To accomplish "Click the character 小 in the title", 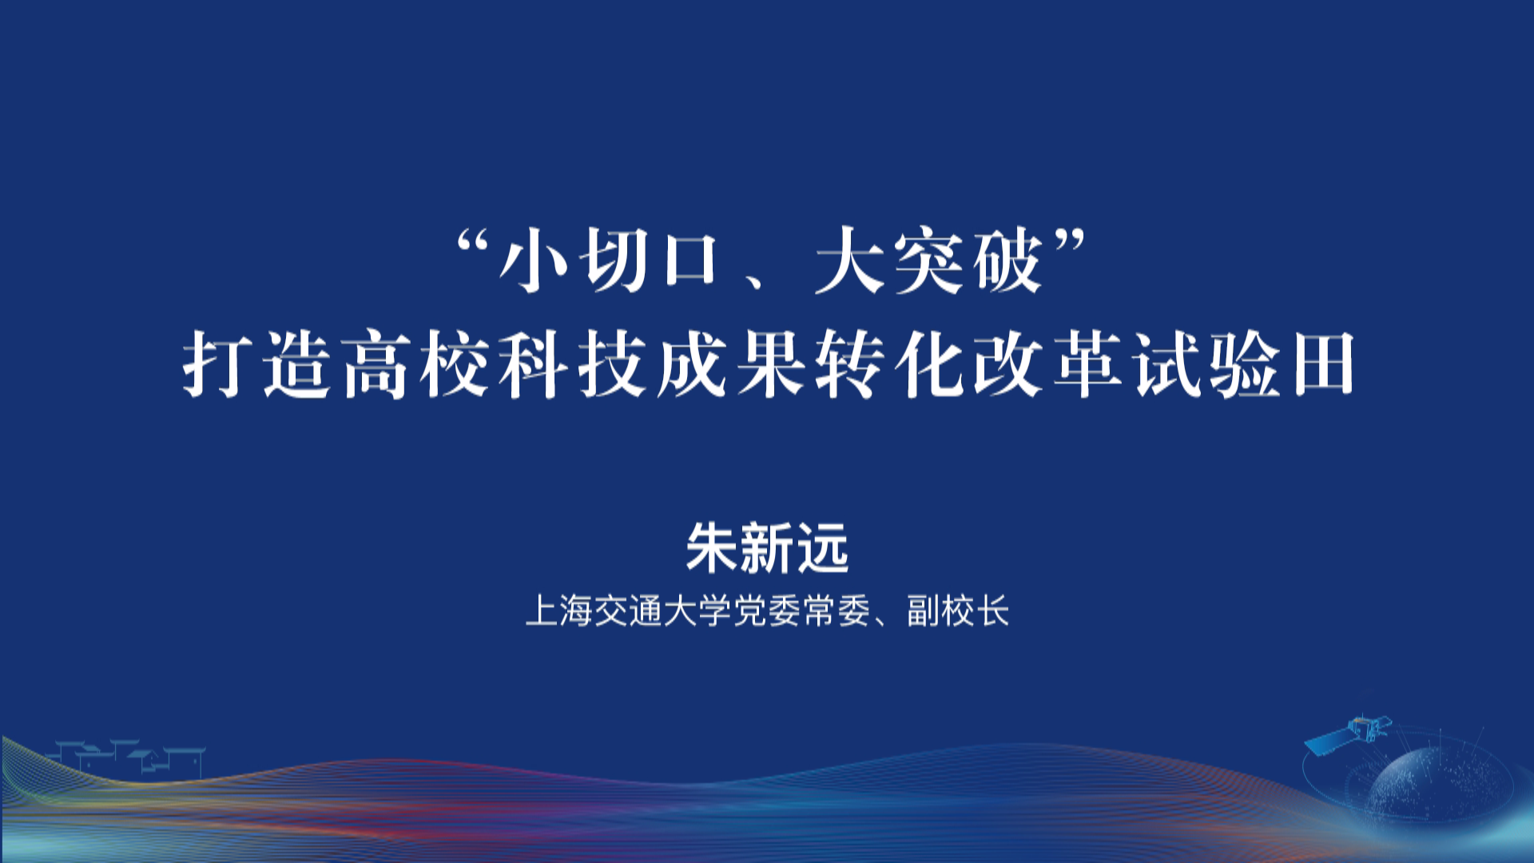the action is pos(532,260).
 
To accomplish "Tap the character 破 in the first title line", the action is pos(1007,260).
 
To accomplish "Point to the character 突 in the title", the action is pos(928,260).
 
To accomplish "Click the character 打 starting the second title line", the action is pos(216,364).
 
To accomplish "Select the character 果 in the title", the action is pos(770,364).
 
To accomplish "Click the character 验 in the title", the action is pos(1245,364).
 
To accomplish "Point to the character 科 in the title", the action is pos(533,364).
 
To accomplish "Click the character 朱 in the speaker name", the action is pos(713,548).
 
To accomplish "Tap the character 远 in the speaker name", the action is pos(822,548).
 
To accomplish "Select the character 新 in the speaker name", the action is pos(767,548).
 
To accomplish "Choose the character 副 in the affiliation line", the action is pos(923,611).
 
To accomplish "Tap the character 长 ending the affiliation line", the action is pos(993,611).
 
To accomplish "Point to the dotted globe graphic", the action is pos(1430,787).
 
